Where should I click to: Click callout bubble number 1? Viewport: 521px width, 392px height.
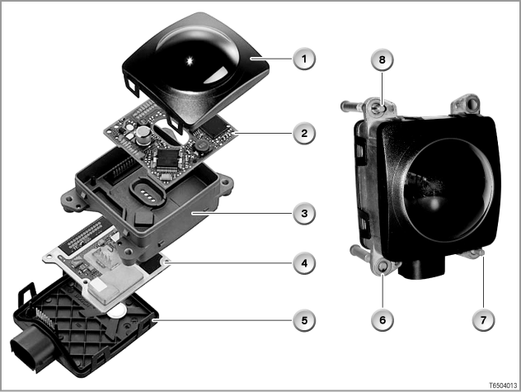point(304,59)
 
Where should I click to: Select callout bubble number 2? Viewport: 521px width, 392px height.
point(304,134)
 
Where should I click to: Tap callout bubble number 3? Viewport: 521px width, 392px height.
point(304,213)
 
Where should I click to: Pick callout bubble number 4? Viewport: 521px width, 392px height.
point(304,263)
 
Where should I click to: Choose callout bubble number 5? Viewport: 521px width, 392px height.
point(304,320)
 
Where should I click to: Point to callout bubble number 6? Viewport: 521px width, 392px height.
point(383,320)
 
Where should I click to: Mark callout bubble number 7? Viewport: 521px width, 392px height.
point(483,320)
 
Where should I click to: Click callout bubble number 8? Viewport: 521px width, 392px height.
point(383,60)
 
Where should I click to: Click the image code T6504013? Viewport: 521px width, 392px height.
point(503,385)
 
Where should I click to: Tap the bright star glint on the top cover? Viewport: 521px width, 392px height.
point(190,61)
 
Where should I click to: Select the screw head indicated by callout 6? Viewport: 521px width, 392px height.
point(383,267)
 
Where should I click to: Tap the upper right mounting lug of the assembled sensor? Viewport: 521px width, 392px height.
point(466,104)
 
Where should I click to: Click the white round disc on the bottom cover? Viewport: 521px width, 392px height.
point(117,311)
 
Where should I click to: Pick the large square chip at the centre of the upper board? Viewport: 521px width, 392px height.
point(168,158)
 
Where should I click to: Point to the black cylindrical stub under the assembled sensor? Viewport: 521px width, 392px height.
point(422,268)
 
